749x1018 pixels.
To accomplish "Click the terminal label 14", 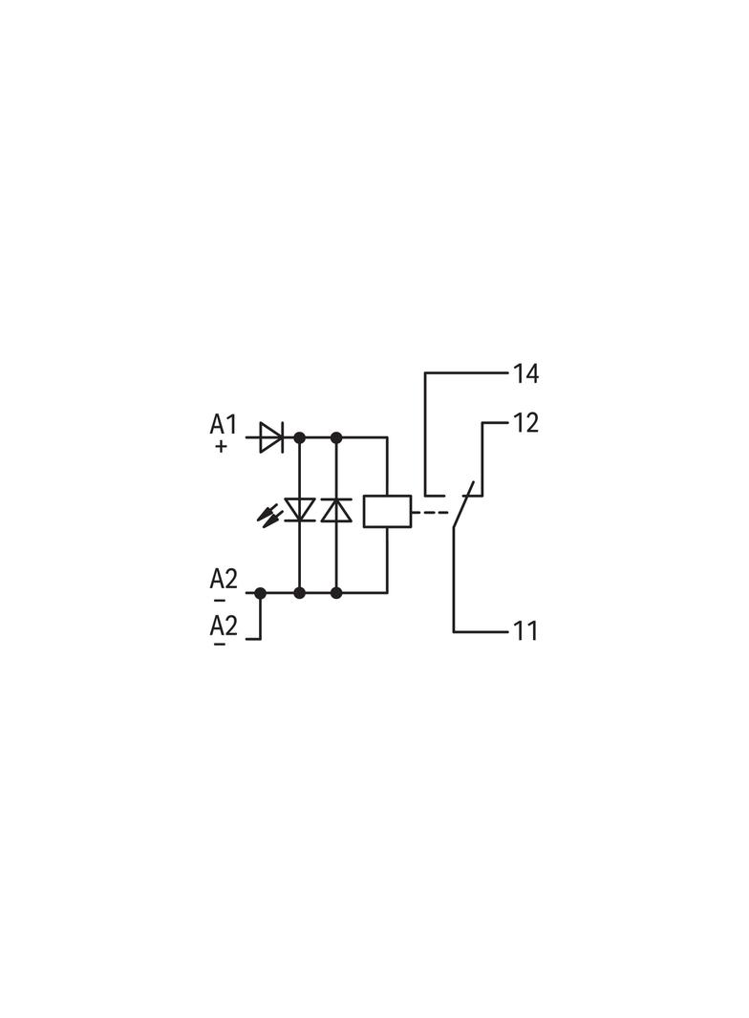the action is tap(525, 374).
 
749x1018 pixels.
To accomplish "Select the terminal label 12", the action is tap(525, 423).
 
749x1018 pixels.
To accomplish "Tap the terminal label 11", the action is tap(525, 631).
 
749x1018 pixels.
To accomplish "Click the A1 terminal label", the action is tap(223, 425).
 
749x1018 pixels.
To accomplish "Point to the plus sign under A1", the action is tap(222, 447).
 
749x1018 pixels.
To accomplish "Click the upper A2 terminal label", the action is tap(224, 578).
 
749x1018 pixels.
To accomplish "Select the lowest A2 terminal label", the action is tap(224, 626).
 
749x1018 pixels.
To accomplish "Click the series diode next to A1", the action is tap(271, 437).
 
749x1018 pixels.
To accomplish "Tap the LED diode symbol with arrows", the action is tap(299, 510).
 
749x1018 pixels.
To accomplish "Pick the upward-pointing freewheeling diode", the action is tap(336, 510).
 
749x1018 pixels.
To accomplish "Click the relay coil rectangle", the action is tap(387, 511).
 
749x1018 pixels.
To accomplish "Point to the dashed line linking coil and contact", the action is tap(431, 512).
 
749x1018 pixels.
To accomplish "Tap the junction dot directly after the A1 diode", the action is tap(299, 437).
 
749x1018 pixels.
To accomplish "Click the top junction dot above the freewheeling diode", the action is tap(336, 437).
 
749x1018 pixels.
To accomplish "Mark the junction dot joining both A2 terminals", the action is tap(261, 593).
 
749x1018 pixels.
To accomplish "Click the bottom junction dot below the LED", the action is tap(299, 593).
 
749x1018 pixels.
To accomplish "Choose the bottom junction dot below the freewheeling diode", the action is tap(336, 593).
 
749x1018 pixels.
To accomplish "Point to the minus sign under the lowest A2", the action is tap(221, 644).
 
